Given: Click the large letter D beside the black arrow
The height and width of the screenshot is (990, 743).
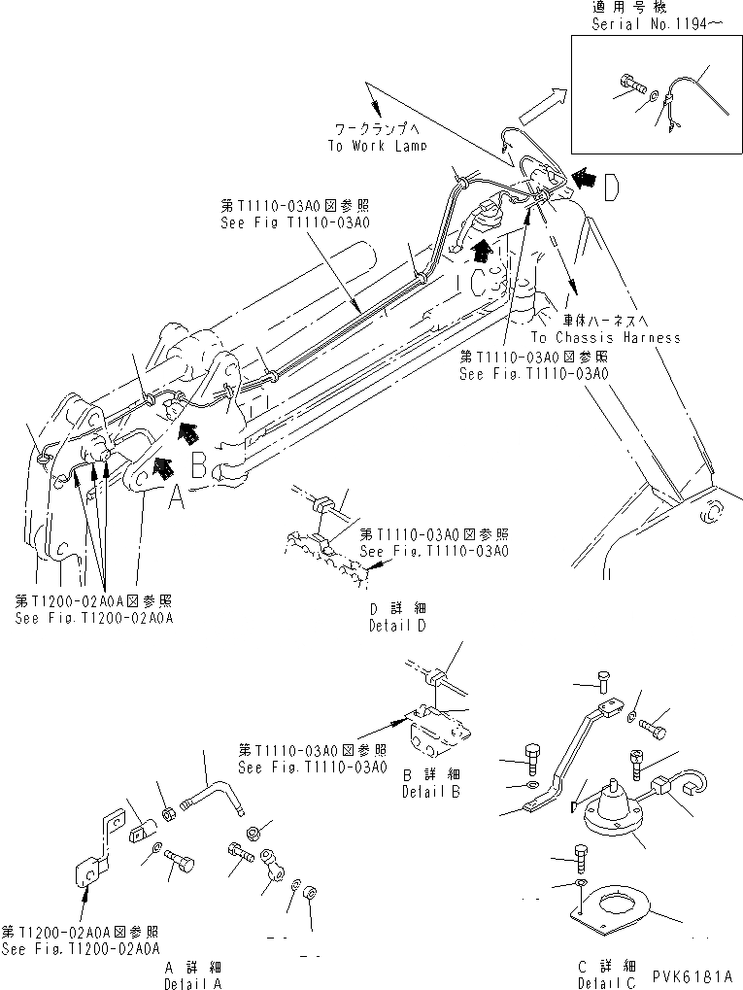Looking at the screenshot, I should (x=610, y=188).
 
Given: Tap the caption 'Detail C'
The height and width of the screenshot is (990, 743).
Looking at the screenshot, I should (x=603, y=982).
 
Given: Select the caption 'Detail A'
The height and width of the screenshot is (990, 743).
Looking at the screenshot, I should (x=195, y=982).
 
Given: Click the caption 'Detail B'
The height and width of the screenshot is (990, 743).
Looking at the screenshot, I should (x=430, y=792).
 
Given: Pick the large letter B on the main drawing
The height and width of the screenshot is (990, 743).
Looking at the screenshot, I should (x=198, y=466).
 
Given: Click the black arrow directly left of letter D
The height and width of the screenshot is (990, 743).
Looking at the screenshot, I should (x=585, y=177).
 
